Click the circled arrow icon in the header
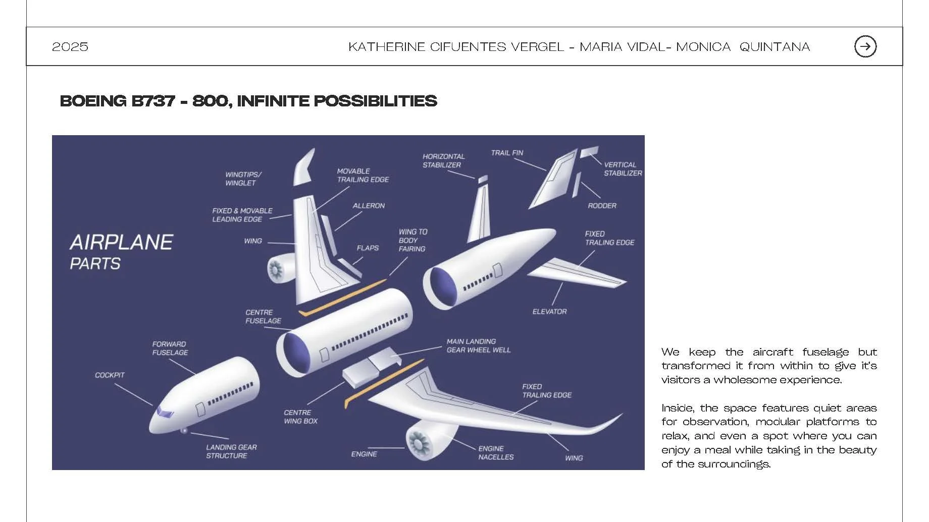tap(865, 46)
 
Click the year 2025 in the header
tap(70, 47)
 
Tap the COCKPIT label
tap(110, 375)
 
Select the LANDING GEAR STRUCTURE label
tap(231, 451)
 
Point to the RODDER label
tap(602, 206)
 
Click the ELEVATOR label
tap(549, 312)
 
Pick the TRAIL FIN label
tap(507, 153)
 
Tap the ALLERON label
tap(369, 206)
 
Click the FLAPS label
tap(368, 248)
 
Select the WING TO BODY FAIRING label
tap(412, 241)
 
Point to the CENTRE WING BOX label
tap(300, 417)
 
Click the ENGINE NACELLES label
tap(496, 452)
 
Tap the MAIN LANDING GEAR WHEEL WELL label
tap(478, 345)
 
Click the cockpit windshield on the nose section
tap(165, 413)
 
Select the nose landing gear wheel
tap(184, 430)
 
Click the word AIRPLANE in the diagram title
tap(121, 243)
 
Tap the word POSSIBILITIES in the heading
tap(375, 101)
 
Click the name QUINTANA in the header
tap(775, 47)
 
